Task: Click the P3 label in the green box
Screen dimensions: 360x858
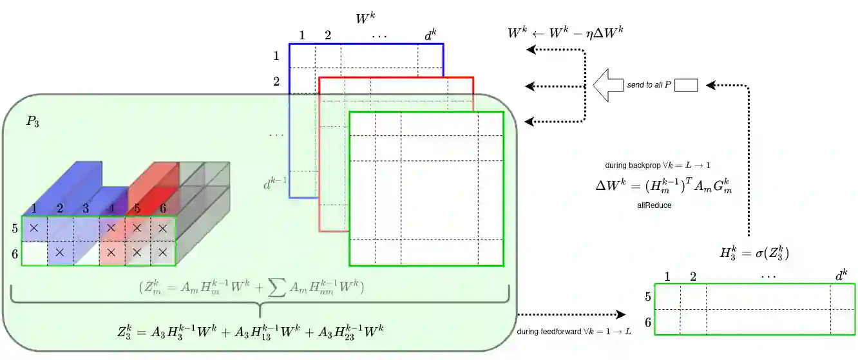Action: [33, 122]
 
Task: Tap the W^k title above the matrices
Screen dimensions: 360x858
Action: [365, 19]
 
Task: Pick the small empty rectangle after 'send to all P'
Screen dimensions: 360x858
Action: [687, 85]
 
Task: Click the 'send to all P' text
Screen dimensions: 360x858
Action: [649, 85]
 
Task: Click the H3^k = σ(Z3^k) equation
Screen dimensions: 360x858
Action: [754, 252]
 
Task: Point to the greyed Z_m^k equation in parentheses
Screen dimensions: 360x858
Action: [252, 288]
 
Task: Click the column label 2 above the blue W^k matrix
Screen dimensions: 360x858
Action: [328, 35]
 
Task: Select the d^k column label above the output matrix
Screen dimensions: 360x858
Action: [841, 275]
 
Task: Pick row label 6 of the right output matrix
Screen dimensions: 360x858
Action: [648, 322]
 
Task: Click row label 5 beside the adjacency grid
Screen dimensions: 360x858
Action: [14, 228]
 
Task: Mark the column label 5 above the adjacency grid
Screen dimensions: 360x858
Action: [137, 208]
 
